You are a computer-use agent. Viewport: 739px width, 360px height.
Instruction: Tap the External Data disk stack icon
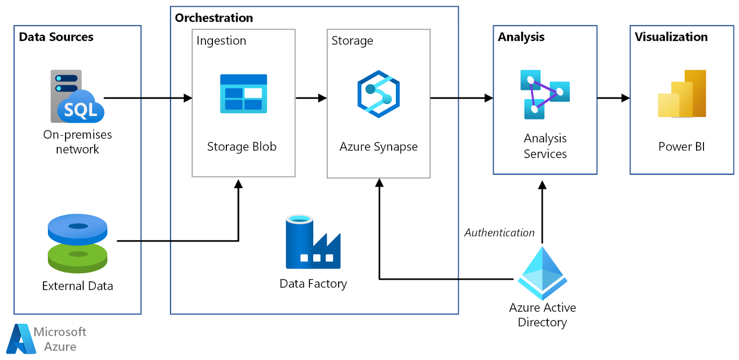pos(78,243)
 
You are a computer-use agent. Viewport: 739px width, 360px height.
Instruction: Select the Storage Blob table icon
pos(243,94)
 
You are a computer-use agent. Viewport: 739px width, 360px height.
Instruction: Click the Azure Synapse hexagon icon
pos(378,94)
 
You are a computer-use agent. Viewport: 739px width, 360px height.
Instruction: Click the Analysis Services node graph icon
pos(545,94)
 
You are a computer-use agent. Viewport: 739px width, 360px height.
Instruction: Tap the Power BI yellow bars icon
pos(682,94)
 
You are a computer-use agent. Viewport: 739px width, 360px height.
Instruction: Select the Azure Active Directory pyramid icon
pos(542,273)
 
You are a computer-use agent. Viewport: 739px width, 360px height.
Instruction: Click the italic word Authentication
pos(499,233)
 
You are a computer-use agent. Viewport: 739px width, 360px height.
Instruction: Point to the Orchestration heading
pos(214,18)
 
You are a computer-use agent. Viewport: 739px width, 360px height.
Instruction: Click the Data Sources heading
pos(56,37)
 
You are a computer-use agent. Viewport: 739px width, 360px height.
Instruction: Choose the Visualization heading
pos(671,37)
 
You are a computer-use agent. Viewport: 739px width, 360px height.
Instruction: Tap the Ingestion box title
pos(221,41)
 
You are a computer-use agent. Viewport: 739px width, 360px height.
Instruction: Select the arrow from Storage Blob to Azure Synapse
pos(311,98)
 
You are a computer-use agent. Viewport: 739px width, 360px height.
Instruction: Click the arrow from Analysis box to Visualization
pos(613,98)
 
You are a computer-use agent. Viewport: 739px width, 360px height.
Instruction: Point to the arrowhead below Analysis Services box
pos(542,185)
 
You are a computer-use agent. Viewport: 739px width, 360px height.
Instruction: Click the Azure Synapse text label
pos(378,147)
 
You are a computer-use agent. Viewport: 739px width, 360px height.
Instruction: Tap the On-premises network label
pos(78,142)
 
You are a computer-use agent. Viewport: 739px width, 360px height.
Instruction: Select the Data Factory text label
pos(313,284)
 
